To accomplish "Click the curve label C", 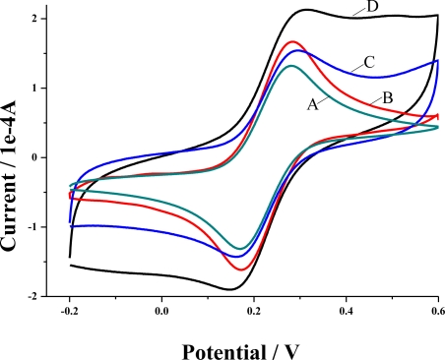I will [368, 63].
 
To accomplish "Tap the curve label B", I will [388, 96].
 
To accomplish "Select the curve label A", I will [313, 103].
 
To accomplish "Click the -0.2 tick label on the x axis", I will [70, 311].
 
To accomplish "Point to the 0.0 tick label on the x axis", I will [162, 311].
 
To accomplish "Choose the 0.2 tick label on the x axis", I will [254, 311].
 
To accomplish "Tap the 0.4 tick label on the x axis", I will [347, 311].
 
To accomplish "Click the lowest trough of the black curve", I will [230, 289].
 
